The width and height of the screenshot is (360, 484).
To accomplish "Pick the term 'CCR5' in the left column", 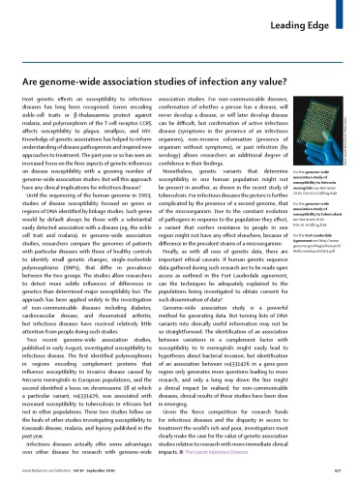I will coord(150,98).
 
